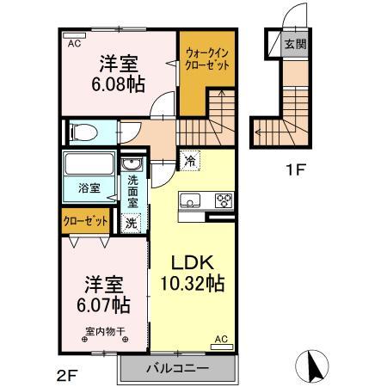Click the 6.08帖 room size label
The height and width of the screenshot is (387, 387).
120,83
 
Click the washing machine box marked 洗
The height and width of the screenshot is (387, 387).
131,223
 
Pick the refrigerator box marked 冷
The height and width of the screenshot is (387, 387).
188,159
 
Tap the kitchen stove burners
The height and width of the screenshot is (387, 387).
223,200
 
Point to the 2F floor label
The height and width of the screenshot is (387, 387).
68,374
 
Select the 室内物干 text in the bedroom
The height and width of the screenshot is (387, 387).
105,331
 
